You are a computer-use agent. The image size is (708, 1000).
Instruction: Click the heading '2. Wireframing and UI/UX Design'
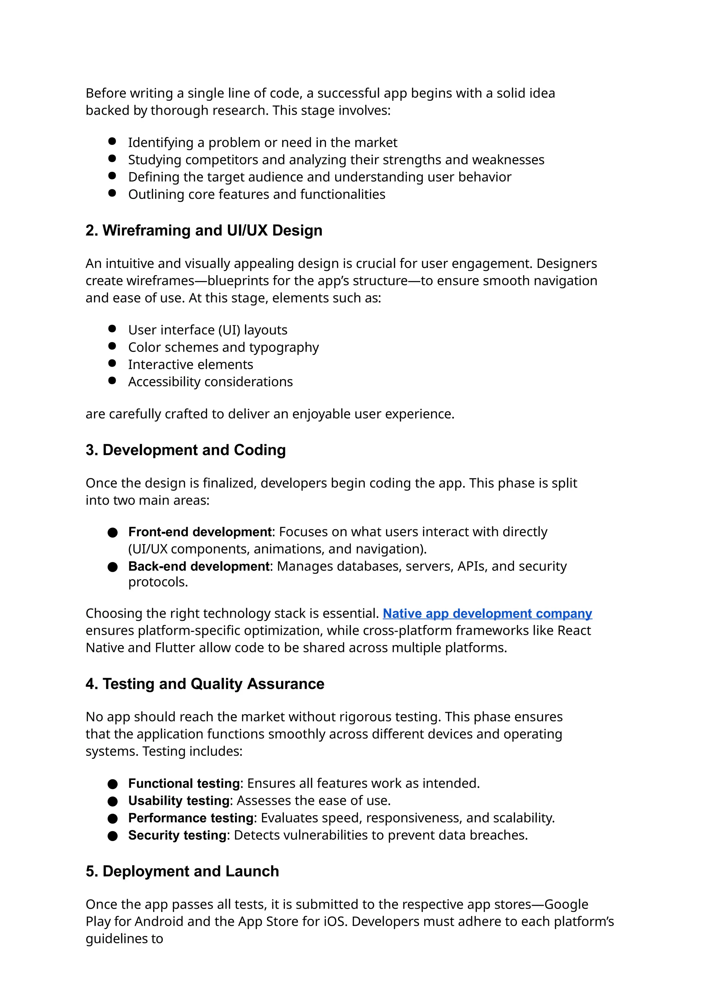[204, 230]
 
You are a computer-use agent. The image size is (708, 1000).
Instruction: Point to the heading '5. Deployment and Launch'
[182, 871]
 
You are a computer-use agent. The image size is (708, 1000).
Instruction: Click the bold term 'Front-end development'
[200, 532]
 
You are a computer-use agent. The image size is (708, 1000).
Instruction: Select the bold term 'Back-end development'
[199, 566]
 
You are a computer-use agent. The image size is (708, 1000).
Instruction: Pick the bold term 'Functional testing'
[184, 783]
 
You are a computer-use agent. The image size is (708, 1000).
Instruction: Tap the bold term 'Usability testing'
[179, 801]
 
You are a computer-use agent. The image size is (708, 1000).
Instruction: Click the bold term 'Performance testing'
[190, 818]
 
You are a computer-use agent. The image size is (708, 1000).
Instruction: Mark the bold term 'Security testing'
[177, 835]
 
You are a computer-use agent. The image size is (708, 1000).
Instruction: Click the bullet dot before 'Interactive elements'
[112, 363]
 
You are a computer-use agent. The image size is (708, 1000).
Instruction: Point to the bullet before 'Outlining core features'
[112, 193]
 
